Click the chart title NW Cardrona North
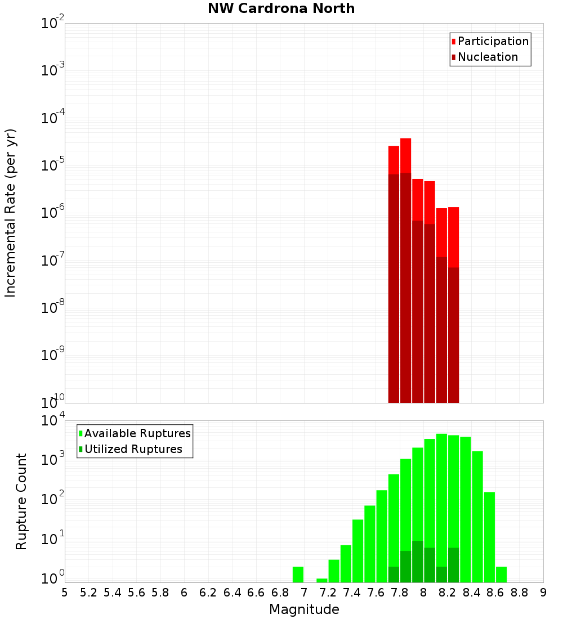pyautogui.click(x=281, y=8)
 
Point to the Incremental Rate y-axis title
pyautogui.click(x=11, y=213)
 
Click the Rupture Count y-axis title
pyautogui.click(x=21, y=501)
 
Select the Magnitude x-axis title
pyautogui.click(x=304, y=609)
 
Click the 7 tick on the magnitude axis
pyautogui.click(x=304, y=592)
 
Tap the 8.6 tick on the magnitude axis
pyautogui.click(x=495, y=592)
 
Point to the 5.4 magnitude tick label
pyautogui.click(x=113, y=592)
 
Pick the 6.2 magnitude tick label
pyautogui.click(x=208, y=592)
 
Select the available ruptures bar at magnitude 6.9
pyautogui.click(x=298, y=574)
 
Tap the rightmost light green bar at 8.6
pyautogui.click(x=501, y=574)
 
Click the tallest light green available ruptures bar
pyautogui.click(x=441, y=506)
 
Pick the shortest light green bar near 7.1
pyautogui.click(x=321, y=580)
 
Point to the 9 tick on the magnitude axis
pyautogui.click(x=543, y=592)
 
